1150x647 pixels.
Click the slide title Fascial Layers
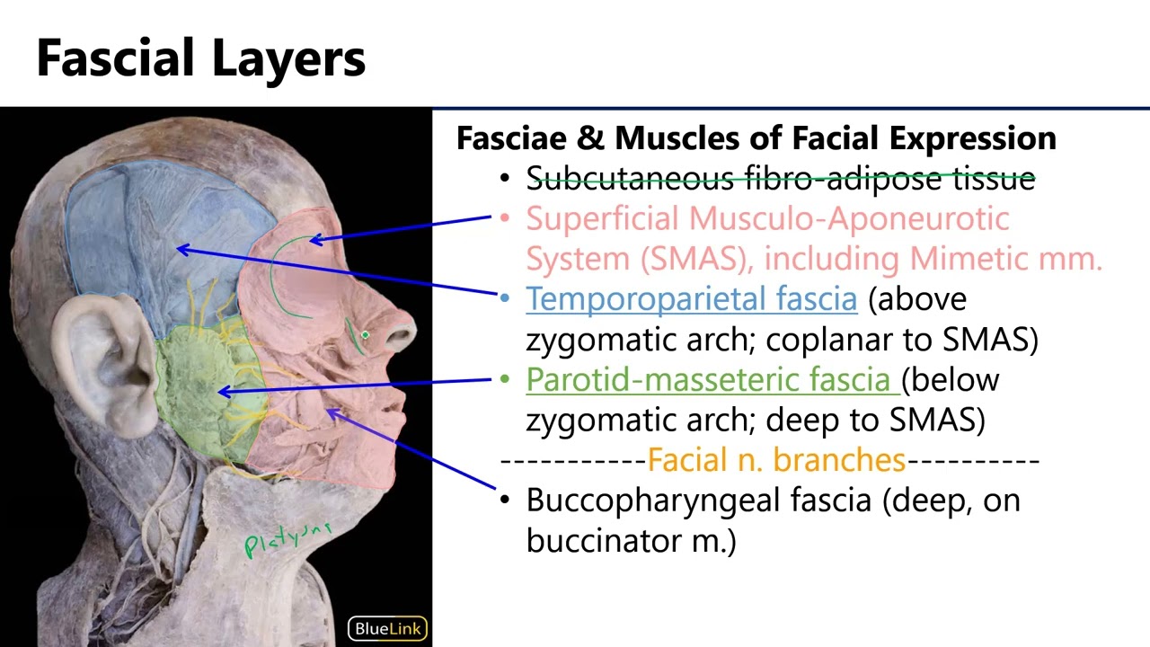(x=200, y=58)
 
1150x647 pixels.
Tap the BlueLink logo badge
(x=388, y=628)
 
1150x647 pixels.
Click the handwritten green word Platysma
(x=288, y=538)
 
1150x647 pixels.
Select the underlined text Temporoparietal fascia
(x=691, y=298)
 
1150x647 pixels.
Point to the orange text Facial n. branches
(x=776, y=460)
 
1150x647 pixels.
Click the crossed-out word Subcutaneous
(x=629, y=178)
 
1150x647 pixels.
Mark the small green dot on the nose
(x=365, y=335)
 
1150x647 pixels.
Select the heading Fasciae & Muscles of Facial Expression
(x=756, y=138)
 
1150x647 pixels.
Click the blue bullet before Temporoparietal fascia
(x=504, y=298)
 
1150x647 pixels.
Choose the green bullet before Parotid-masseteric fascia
(x=504, y=379)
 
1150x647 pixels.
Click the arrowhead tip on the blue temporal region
(x=178, y=248)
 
